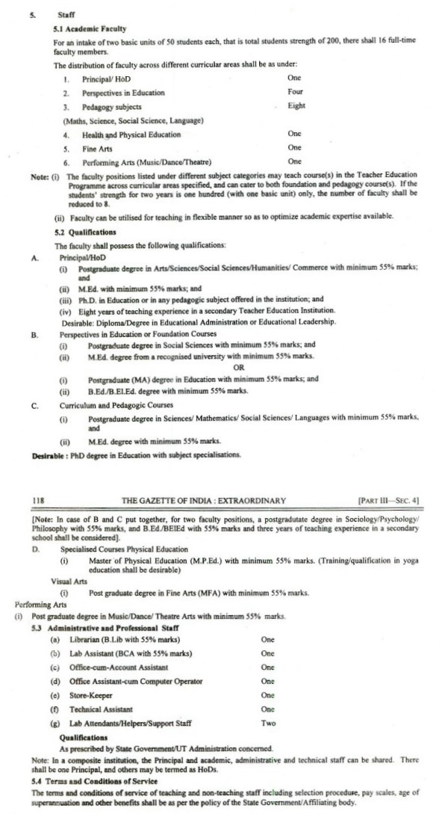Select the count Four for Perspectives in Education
(295, 93)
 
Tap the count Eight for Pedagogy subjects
(296, 106)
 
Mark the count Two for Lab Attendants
(269, 724)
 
